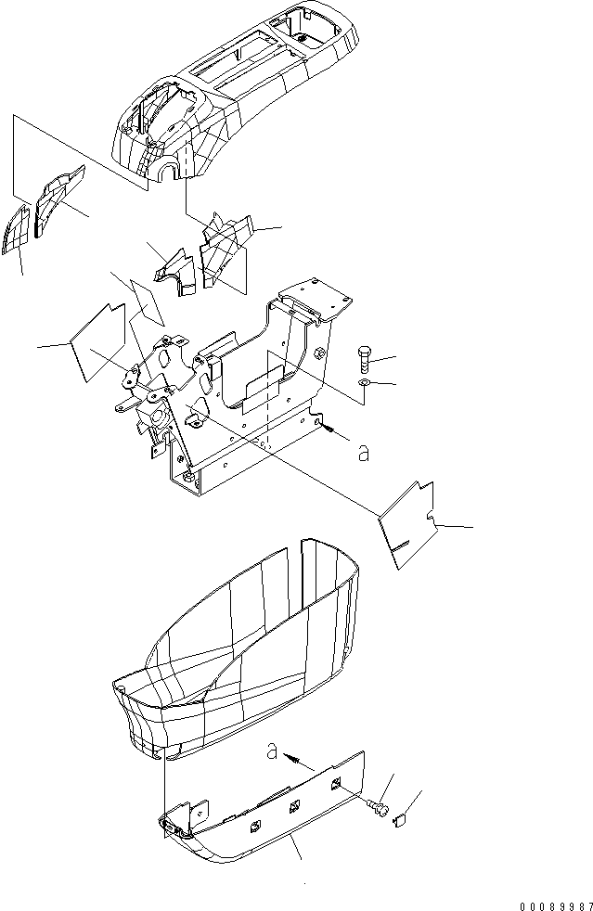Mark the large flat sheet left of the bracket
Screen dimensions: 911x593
click(x=97, y=341)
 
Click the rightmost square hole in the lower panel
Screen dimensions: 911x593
click(x=336, y=787)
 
